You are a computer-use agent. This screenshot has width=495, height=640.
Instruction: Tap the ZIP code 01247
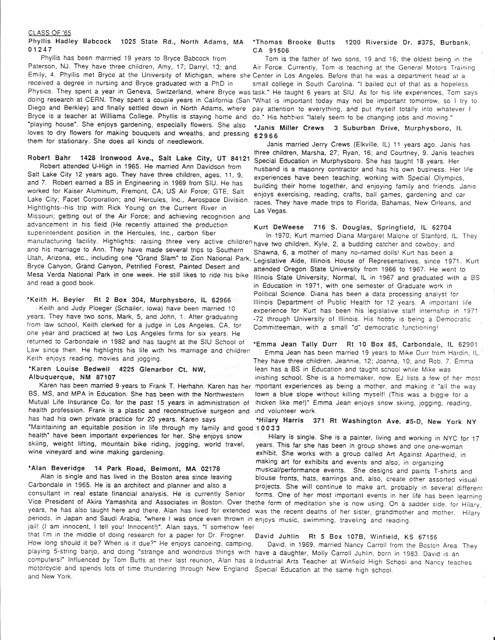[x=40, y=50]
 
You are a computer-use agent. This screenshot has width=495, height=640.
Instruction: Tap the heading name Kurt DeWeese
[x=280, y=226]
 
